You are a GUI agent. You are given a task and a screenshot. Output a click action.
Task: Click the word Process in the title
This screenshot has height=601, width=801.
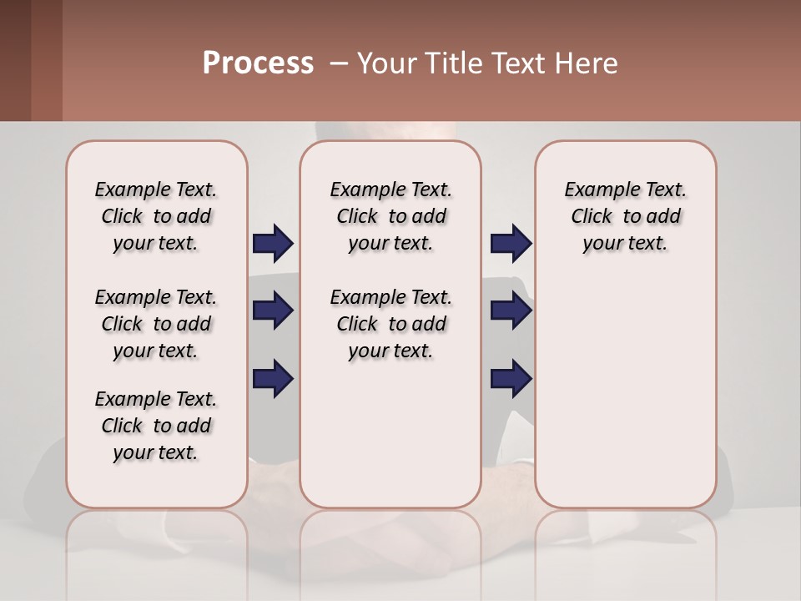(x=258, y=63)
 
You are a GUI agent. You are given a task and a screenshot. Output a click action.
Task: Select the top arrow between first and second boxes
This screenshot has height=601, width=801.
(x=273, y=244)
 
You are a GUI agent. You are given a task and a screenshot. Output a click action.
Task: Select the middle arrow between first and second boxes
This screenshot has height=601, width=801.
(x=273, y=311)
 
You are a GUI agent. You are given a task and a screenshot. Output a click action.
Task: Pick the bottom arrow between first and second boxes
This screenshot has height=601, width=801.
(x=273, y=378)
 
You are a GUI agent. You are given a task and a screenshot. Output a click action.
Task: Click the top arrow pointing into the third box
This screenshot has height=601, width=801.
(x=511, y=244)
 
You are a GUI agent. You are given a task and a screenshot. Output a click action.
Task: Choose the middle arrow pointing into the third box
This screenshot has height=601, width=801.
(x=511, y=311)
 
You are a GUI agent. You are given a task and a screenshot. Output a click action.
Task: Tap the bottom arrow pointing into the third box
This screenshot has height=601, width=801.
(x=511, y=378)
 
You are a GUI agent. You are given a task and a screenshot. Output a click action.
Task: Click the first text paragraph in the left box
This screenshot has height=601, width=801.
(x=156, y=216)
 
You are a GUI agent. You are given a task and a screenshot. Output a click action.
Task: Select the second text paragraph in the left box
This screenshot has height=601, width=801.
(x=156, y=324)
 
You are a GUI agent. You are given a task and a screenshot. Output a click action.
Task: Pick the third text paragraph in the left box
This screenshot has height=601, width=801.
(x=156, y=426)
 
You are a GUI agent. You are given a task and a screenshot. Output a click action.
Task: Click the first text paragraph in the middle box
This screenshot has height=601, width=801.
(x=390, y=216)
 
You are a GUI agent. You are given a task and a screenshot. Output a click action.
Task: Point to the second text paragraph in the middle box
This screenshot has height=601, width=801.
(x=390, y=324)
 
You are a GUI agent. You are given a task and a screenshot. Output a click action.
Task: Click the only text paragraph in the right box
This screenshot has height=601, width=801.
(x=625, y=216)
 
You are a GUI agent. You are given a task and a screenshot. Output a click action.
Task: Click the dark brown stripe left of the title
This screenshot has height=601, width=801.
(x=16, y=60)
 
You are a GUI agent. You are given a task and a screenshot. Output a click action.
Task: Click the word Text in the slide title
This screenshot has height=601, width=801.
(x=519, y=63)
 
